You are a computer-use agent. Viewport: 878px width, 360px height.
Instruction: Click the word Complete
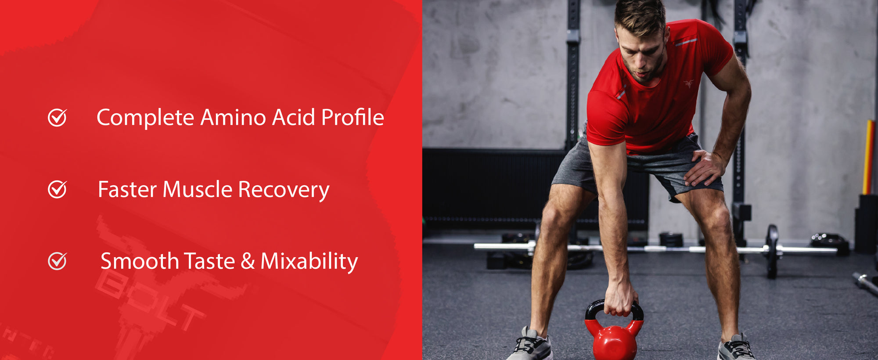click(x=145, y=118)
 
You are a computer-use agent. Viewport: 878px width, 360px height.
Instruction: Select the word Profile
click(x=353, y=118)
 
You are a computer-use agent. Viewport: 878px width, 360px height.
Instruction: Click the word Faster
click(x=127, y=190)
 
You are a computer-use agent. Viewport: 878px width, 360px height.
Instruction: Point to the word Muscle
click(x=198, y=190)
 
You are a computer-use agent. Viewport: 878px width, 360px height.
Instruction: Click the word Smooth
click(x=140, y=262)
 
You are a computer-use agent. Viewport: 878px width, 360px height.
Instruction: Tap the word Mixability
click(x=309, y=262)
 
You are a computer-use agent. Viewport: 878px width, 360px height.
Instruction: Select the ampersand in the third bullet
click(x=248, y=262)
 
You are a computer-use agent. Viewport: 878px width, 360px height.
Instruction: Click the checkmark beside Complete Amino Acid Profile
click(x=57, y=118)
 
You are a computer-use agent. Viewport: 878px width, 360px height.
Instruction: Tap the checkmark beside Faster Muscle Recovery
click(x=57, y=190)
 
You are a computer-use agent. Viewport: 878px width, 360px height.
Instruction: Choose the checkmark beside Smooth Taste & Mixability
click(x=57, y=261)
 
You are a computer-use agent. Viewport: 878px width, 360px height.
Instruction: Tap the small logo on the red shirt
click(x=688, y=83)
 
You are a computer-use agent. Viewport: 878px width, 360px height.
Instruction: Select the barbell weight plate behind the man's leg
click(x=772, y=250)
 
